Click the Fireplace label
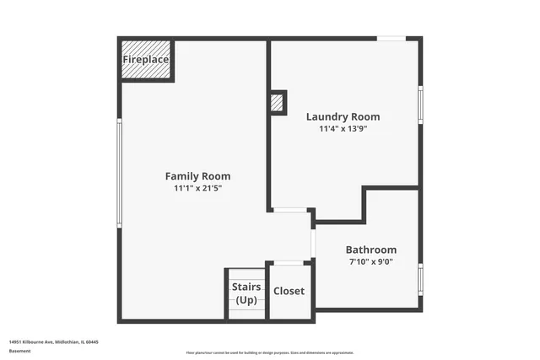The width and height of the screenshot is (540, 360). [146, 60]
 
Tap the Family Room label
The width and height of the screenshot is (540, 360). [197, 176]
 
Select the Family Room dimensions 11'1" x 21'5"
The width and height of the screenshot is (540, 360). [197, 188]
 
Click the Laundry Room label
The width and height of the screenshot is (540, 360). [343, 117]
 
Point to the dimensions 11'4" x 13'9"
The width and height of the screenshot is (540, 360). [343, 129]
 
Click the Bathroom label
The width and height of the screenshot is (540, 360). [370, 250]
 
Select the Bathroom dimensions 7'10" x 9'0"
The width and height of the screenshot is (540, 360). [370, 261]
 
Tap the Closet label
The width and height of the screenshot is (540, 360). [289, 291]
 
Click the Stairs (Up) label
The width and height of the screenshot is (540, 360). [246, 293]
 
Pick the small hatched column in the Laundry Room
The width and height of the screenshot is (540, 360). [276, 102]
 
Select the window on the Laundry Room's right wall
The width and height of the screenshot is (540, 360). [420, 105]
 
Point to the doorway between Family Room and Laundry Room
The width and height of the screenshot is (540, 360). [289, 210]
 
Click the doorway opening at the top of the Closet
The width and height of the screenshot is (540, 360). [289, 263]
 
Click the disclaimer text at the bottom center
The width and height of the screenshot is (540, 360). [270, 351]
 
